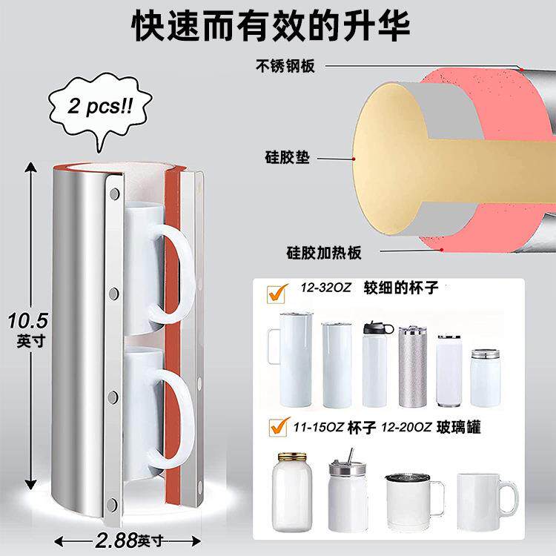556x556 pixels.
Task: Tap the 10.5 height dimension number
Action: coord(28,321)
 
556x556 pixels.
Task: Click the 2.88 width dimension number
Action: coord(116,540)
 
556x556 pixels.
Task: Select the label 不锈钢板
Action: coord(285,66)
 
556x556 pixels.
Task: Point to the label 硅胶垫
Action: coord(287,157)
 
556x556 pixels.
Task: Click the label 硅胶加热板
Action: coord(324,253)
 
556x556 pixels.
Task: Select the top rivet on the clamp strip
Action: coord(114,194)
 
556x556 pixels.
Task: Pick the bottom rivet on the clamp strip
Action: coord(112,505)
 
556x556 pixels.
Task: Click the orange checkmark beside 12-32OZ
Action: coord(277,294)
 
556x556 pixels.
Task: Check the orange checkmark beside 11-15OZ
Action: coord(279,426)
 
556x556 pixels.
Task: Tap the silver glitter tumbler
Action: coord(413,367)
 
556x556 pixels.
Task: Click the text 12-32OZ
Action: coord(325,287)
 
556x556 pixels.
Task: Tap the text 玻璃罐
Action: coord(458,427)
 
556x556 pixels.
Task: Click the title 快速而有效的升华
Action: coord(270,25)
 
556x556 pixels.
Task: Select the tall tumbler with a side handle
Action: coord(291,360)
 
